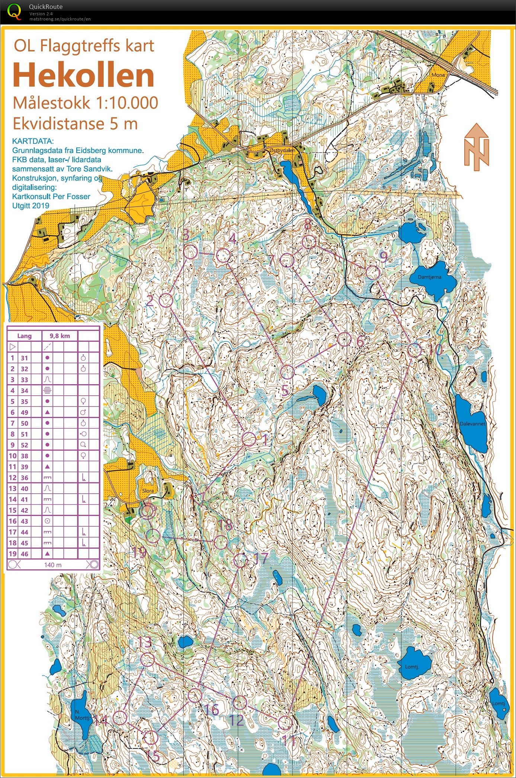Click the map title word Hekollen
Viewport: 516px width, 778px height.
point(84,76)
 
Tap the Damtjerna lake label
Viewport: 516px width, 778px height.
point(429,277)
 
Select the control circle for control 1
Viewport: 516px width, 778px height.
point(249,439)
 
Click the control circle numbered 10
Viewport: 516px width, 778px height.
point(415,350)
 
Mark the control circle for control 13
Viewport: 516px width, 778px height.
point(147,660)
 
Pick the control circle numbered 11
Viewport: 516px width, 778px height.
point(285,723)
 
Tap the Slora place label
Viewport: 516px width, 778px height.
point(148,491)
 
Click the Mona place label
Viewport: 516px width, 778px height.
point(438,75)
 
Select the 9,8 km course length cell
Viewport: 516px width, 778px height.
point(60,336)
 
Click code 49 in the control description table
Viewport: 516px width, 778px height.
point(25,412)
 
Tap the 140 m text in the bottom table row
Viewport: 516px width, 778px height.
point(53,565)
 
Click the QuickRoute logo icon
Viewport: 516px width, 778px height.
point(14,11)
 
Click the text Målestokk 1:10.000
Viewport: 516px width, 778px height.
point(85,103)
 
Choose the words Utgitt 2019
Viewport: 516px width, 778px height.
point(31,205)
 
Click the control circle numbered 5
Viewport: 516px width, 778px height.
point(287,372)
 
